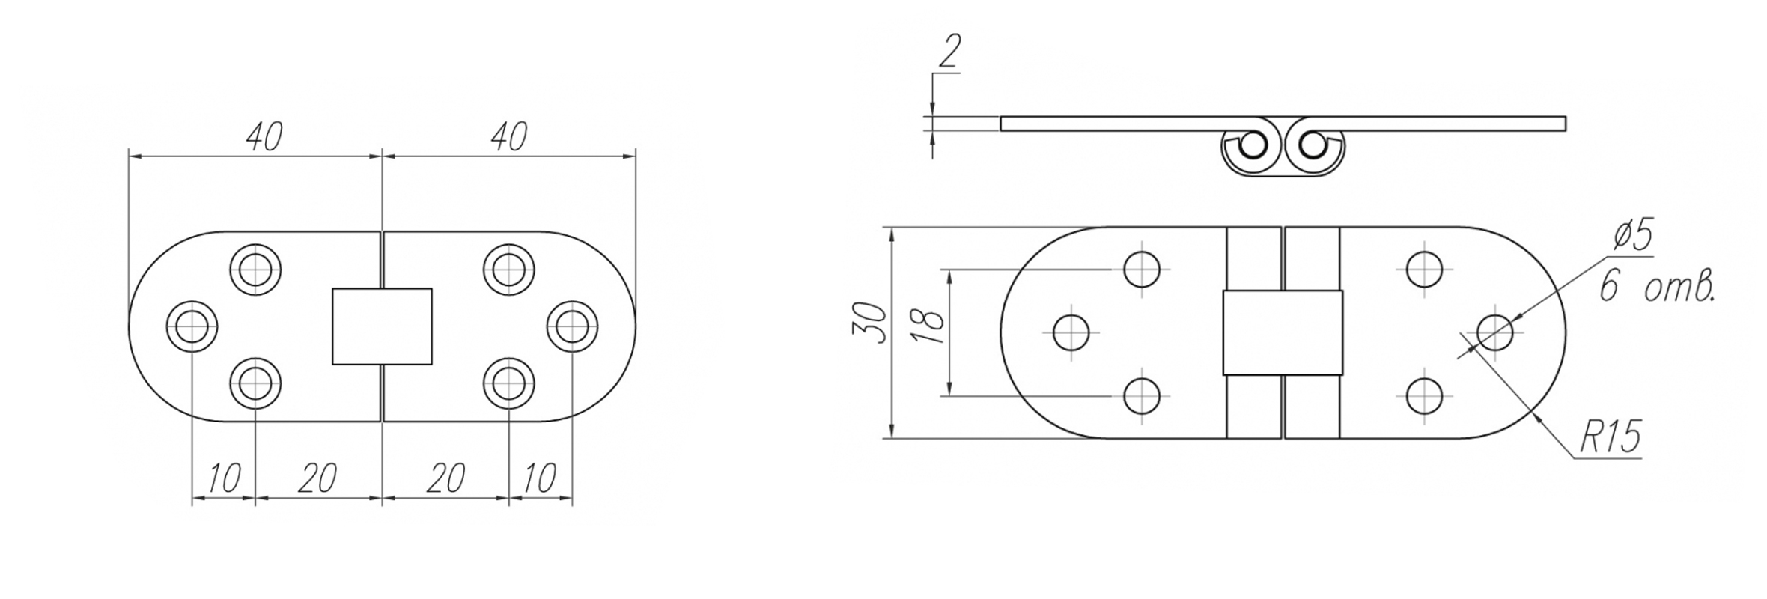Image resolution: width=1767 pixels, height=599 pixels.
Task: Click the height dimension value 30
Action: pos(870,323)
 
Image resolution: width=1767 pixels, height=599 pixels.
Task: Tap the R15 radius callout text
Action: pos(1610,437)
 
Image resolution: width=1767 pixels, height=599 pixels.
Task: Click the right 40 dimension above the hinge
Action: pos(509,137)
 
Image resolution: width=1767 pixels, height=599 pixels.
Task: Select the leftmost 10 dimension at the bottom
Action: pos(223,478)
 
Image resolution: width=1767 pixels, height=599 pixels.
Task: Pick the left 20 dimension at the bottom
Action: pos(317,478)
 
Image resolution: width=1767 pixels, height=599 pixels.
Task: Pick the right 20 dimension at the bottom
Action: pos(445,478)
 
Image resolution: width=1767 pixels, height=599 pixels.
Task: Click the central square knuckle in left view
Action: pos(382,326)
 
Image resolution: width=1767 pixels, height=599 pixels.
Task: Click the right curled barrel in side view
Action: pos(1313,148)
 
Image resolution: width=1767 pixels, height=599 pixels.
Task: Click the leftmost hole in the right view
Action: pos(1071,332)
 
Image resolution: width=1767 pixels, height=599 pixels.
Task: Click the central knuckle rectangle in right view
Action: pos(1282,332)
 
